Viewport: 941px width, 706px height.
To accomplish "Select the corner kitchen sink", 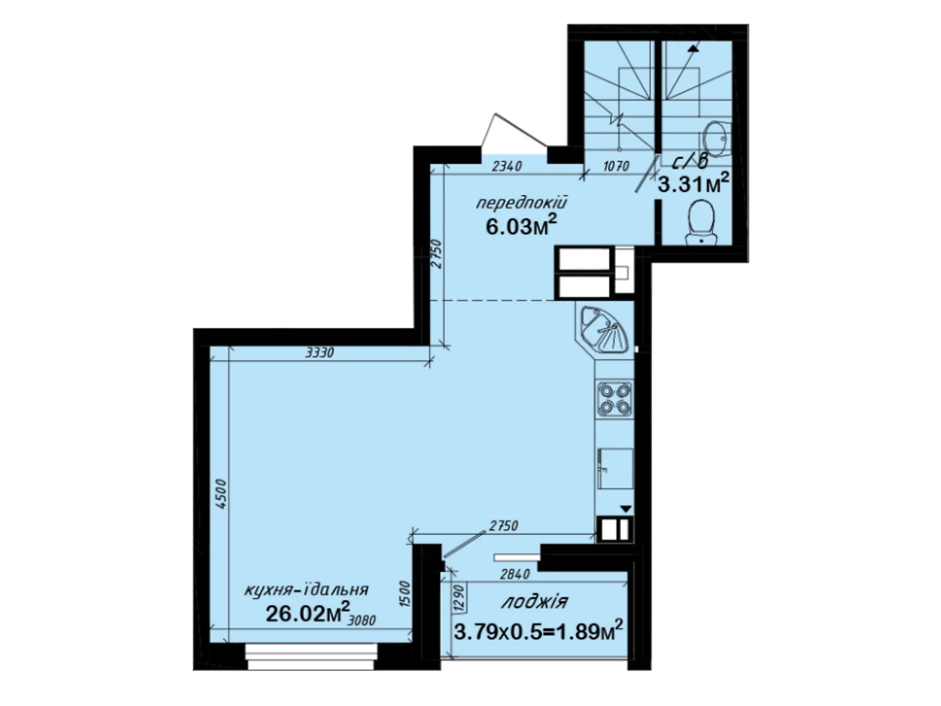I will [x=604, y=329].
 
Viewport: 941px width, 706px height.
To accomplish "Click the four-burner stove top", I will [x=615, y=398].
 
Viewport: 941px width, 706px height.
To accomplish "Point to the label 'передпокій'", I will [x=521, y=204].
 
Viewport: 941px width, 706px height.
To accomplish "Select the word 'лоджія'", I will [x=535, y=601].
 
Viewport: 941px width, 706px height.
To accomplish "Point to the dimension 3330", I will [x=320, y=353].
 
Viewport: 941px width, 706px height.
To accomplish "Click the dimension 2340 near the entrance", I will [x=506, y=166].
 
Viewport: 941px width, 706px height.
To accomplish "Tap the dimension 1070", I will [x=616, y=166].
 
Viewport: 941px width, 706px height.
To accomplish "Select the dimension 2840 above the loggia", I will [x=515, y=573].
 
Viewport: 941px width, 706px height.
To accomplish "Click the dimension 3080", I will [x=362, y=620].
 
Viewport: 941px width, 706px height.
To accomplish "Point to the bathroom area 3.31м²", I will [x=693, y=185].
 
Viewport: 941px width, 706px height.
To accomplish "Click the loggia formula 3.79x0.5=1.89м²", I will [x=538, y=631].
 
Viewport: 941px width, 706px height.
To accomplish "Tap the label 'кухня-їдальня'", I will [x=306, y=589].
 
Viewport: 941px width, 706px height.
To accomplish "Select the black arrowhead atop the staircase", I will [x=694, y=48].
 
